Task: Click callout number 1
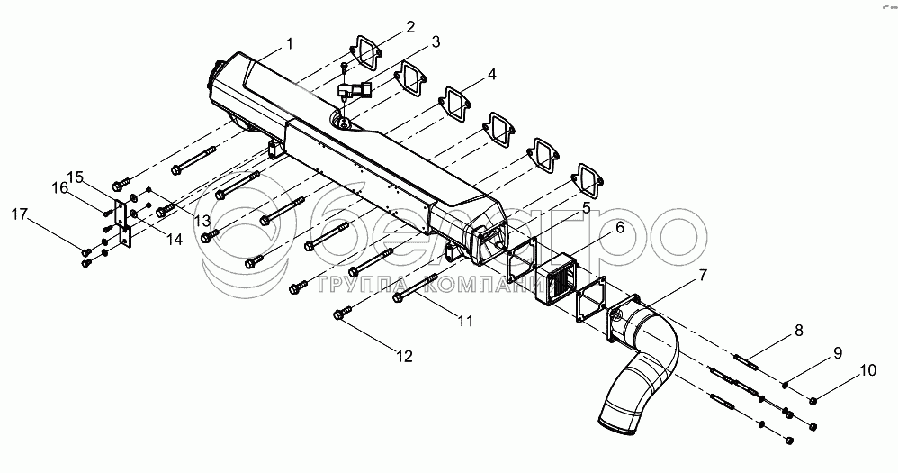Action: pyautogui.click(x=290, y=43)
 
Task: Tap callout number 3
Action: pyautogui.click(x=434, y=42)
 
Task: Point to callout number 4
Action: pyautogui.click(x=491, y=75)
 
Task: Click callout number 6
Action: pyautogui.click(x=618, y=229)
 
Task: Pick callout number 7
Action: pyautogui.click(x=702, y=274)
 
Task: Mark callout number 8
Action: pyautogui.click(x=799, y=332)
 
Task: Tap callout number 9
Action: pyautogui.click(x=837, y=352)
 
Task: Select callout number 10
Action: pyautogui.click(x=867, y=369)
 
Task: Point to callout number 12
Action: pyautogui.click(x=404, y=357)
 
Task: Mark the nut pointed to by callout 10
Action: pyautogui.click(x=814, y=400)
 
